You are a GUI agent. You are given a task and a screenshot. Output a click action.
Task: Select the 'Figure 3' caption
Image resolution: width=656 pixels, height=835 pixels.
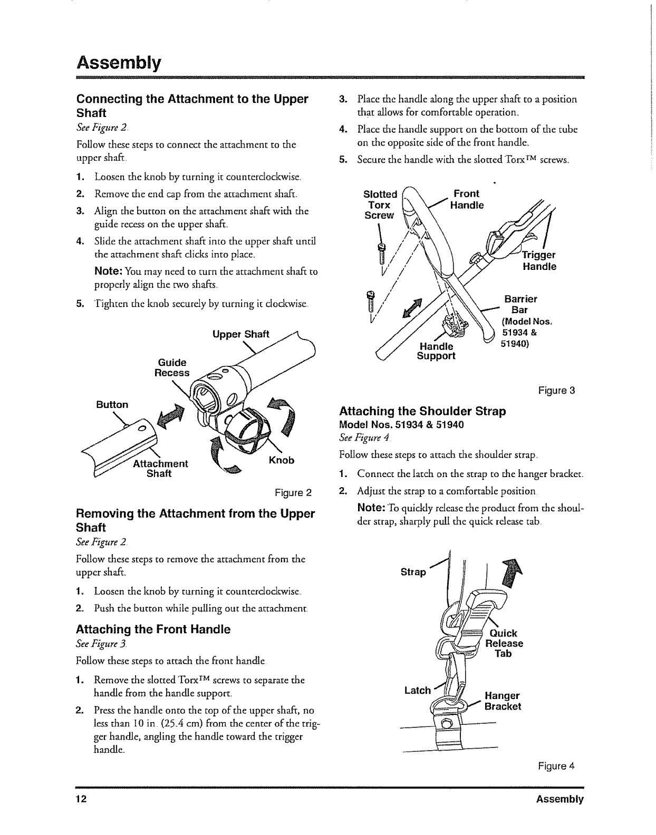tap(556, 391)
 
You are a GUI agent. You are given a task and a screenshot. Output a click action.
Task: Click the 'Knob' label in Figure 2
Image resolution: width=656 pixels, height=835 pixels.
tap(281, 460)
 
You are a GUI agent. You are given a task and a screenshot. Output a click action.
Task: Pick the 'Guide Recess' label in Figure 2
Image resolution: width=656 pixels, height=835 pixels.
tap(172, 368)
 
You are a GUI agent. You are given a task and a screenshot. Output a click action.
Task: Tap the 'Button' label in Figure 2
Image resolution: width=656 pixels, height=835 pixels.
tap(112, 405)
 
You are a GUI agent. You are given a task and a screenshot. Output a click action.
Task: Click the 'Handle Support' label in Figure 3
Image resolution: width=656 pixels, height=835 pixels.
tap(436, 351)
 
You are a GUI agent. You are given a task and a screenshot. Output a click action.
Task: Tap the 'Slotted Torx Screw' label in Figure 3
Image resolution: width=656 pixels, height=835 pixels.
tap(380, 205)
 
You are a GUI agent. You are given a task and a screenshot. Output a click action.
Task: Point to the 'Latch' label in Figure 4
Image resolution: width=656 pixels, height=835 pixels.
tap(417, 690)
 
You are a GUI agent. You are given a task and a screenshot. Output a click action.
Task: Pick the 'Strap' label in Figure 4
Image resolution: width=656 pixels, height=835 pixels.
tap(413, 572)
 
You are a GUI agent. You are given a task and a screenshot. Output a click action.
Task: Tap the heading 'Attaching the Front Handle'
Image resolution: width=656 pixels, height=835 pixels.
tap(153, 629)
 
